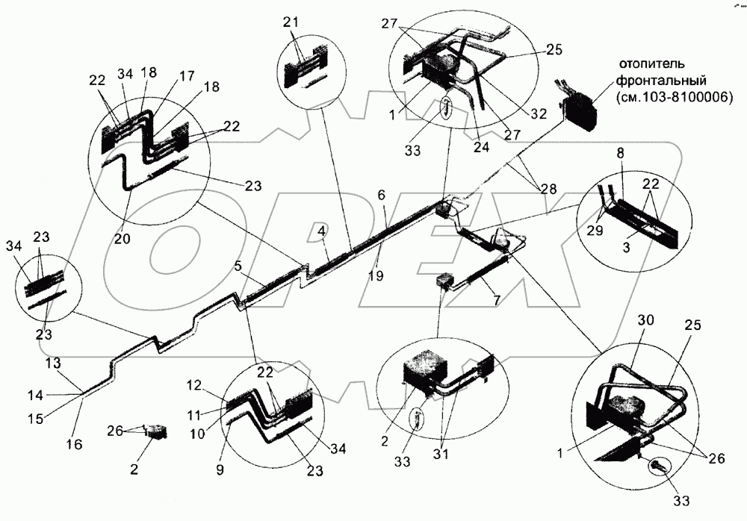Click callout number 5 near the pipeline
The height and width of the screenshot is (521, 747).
238,265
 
